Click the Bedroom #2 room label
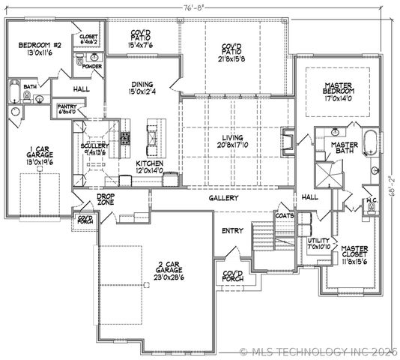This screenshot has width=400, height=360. pyautogui.click(x=40, y=49)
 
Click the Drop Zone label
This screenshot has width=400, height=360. pyautogui.click(x=105, y=199)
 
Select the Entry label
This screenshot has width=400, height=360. pyautogui.click(x=231, y=230)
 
